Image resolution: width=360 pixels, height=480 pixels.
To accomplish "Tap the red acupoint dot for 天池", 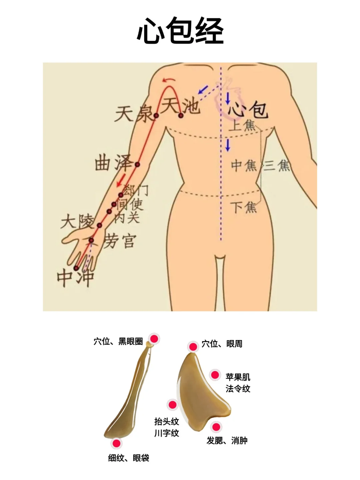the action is [x=181, y=116].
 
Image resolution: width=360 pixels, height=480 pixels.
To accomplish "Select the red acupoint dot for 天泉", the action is [x=156, y=116].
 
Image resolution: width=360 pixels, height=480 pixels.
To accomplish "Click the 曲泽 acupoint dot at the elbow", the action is [x=137, y=164].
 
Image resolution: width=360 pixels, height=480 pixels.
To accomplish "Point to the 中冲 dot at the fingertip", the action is [x=76, y=268].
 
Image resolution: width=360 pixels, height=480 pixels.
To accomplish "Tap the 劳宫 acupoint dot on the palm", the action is [x=91, y=240].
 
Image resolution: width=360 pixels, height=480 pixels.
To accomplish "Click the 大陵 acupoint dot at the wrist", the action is [x=99, y=225].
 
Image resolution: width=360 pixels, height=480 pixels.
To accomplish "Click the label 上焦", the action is [x=242, y=125].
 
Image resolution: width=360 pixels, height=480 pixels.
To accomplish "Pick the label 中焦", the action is [x=244, y=165].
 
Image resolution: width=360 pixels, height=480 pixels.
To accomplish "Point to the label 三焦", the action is [x=277, y=165].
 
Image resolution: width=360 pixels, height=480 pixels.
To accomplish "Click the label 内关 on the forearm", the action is [x=127, y=218].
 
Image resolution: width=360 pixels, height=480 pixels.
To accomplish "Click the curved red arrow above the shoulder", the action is [x=169, y=80].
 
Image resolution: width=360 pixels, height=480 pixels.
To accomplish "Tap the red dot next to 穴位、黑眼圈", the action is [x=154, y=339].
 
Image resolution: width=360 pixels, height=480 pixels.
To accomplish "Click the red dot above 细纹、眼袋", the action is [x=116, y=443].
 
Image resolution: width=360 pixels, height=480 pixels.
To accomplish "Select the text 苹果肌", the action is [x=238, y=377].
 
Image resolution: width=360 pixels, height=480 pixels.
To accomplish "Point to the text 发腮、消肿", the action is [x=227, y=441].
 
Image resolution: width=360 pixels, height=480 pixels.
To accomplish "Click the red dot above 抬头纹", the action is [x=172, y=405].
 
